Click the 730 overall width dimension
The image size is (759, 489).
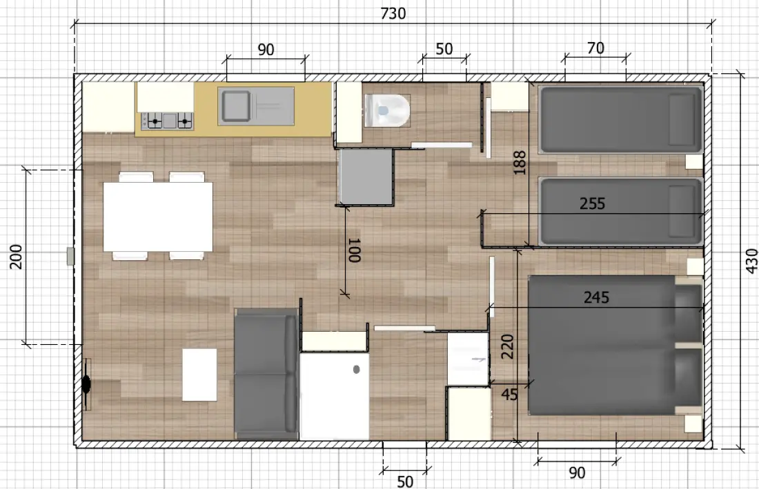pos(393,14)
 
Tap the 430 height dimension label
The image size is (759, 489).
pos(751,261)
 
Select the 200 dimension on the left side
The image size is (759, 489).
pos(16,257)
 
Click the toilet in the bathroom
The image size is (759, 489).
pos(387,110)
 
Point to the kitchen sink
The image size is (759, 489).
pos(255,106)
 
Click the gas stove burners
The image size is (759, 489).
pos(167,121)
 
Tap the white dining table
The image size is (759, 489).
pos(158,217)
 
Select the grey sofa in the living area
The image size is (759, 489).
pos(266,373)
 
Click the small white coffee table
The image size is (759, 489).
pos(199,375)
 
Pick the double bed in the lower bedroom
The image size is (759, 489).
pos(615,346)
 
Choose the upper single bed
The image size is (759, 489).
pos(621,119)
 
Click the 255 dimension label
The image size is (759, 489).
pos(593,203)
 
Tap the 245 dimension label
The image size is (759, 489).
pos(596,297)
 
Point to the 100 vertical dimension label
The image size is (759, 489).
pos(355,250)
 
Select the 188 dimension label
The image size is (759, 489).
pos(519,163)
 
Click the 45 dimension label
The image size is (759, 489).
pos(509,395)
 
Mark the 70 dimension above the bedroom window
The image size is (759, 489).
pos(595,48)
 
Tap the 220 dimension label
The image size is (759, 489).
pos(507,347)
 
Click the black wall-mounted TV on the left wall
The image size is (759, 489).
pos(86,384)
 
